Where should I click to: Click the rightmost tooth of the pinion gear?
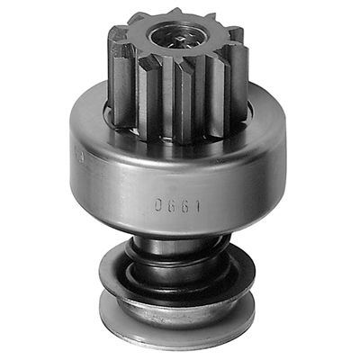(x=238, y=63)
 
